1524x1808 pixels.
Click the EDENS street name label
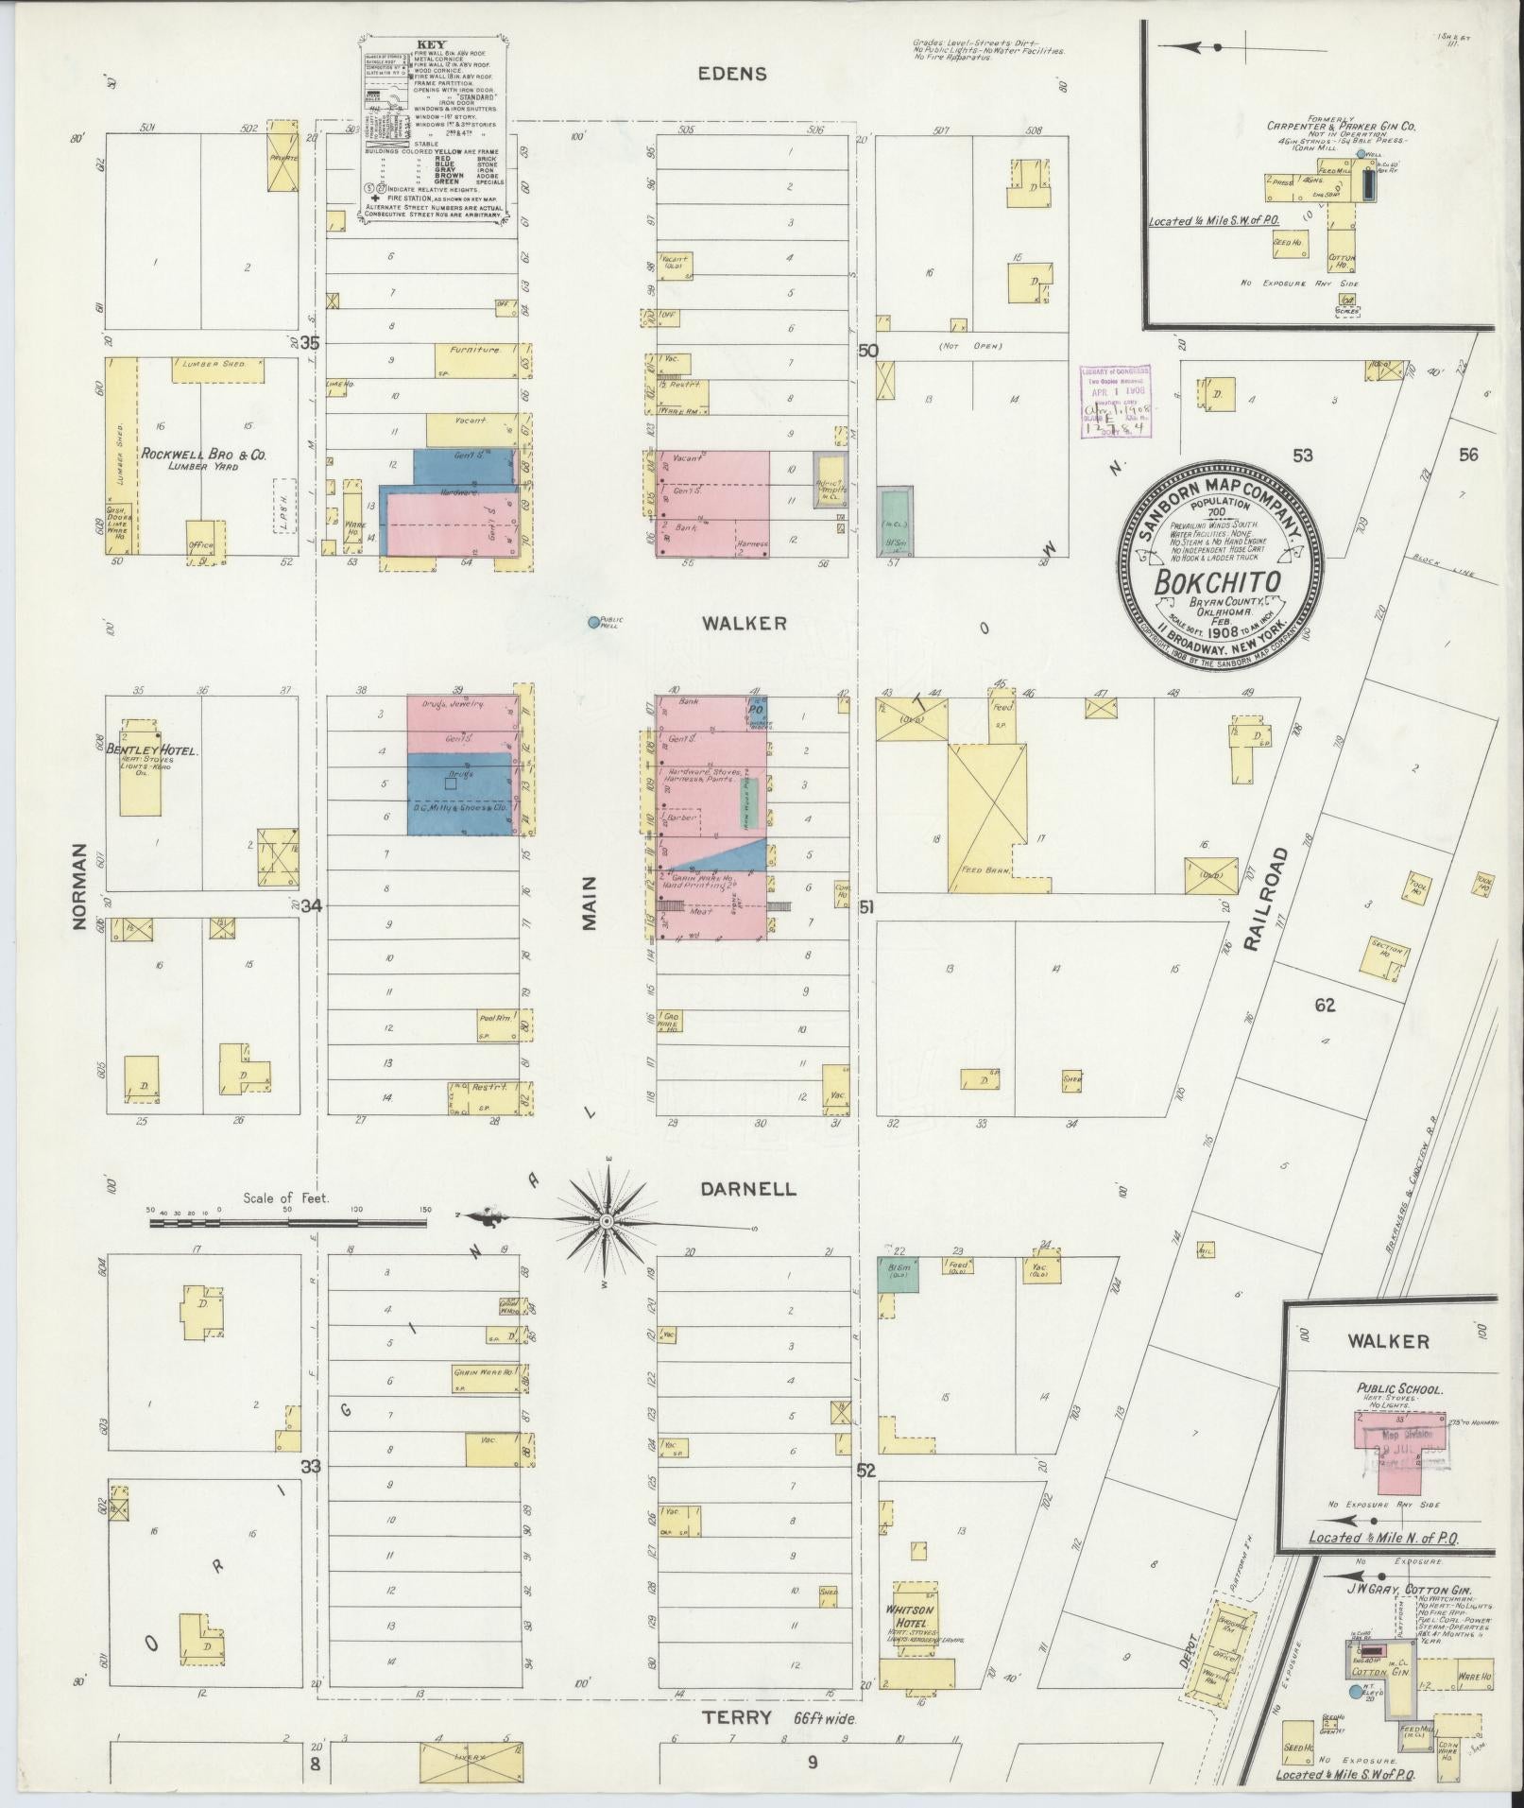tap(733, 74)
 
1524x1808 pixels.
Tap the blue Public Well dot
tap(593, 622)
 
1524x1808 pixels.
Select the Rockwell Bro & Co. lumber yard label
tap(204, 455)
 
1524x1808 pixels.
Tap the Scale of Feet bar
tap(287, 1223)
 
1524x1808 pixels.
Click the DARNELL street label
tap(748, 1189)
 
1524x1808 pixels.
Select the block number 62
tap(1324, 1005)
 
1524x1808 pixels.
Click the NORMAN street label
tap(81, 887)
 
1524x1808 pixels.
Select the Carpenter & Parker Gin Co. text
tap(1327, 125)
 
